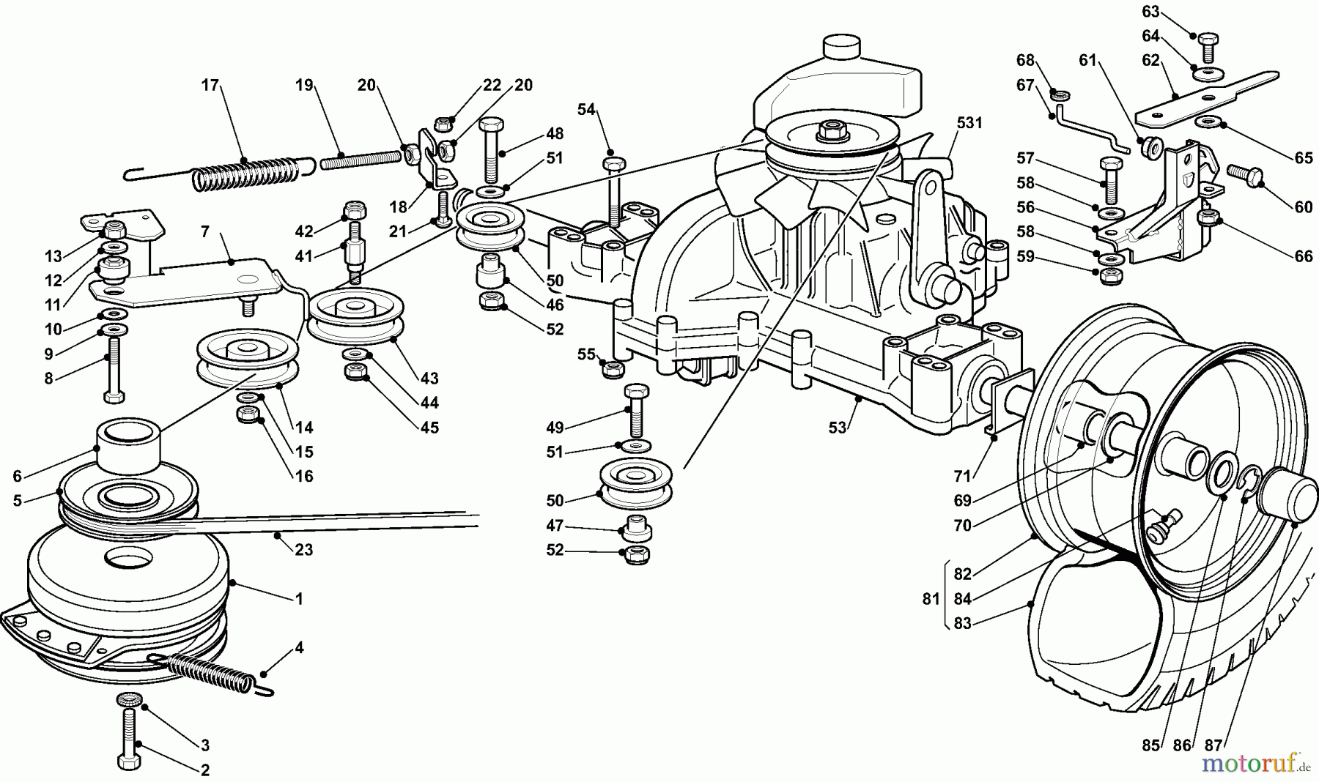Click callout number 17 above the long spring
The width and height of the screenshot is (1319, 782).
pyautogui.click(x=210, y=85)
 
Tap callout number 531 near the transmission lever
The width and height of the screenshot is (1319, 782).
pyautogui.click(x=969, y=123)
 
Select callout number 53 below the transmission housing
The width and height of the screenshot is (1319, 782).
pyautogui.click(x=838, y=428)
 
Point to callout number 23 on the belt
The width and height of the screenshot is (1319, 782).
pyautogui.click(x=303, y=549)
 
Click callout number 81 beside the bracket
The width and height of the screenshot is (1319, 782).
pyautogui.click(x=931, y=599)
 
